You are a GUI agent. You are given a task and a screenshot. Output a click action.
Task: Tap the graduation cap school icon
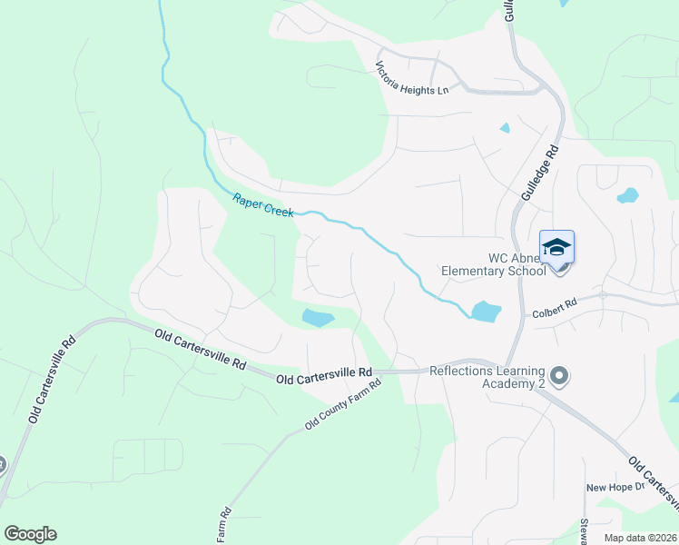coord(556,246)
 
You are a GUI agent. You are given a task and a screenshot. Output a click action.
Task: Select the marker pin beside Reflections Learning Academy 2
coord(559,375)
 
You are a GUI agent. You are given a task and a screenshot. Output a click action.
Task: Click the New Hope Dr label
coord(614,487)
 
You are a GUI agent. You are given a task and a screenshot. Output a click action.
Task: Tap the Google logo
coord(30,534)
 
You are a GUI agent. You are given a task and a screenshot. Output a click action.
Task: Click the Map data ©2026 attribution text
coord(640,538)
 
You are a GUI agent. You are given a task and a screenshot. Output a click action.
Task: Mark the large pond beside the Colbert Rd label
coord(486,312)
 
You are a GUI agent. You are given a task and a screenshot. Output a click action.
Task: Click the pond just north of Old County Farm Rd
coord(318,317)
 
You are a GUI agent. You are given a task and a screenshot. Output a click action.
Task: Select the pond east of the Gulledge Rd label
coord(627,195)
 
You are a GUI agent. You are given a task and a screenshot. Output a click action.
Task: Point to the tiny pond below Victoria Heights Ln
coord(505,128)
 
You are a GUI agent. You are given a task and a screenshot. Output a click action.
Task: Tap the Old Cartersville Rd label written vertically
coord(53,381)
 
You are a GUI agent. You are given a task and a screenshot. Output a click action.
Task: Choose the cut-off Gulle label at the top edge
coord(510,11)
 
